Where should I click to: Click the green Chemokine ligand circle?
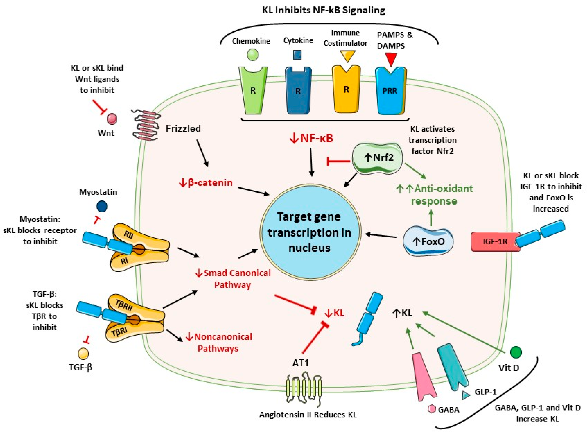coord(252,55)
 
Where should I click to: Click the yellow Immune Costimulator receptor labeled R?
coord(346,90)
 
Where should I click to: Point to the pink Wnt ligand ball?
coord(112,119)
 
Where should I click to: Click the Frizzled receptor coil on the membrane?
coord(146,125)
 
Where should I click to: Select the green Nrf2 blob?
coord(378,158)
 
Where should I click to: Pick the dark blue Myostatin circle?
coord(102,206)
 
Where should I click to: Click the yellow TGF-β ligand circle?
coord(83,354)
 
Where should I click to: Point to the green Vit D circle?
coord(516,352)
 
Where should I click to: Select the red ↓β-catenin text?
coord(206,183)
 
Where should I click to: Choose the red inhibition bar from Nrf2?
coord(338,161)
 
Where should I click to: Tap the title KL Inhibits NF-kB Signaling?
coord(323,10)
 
